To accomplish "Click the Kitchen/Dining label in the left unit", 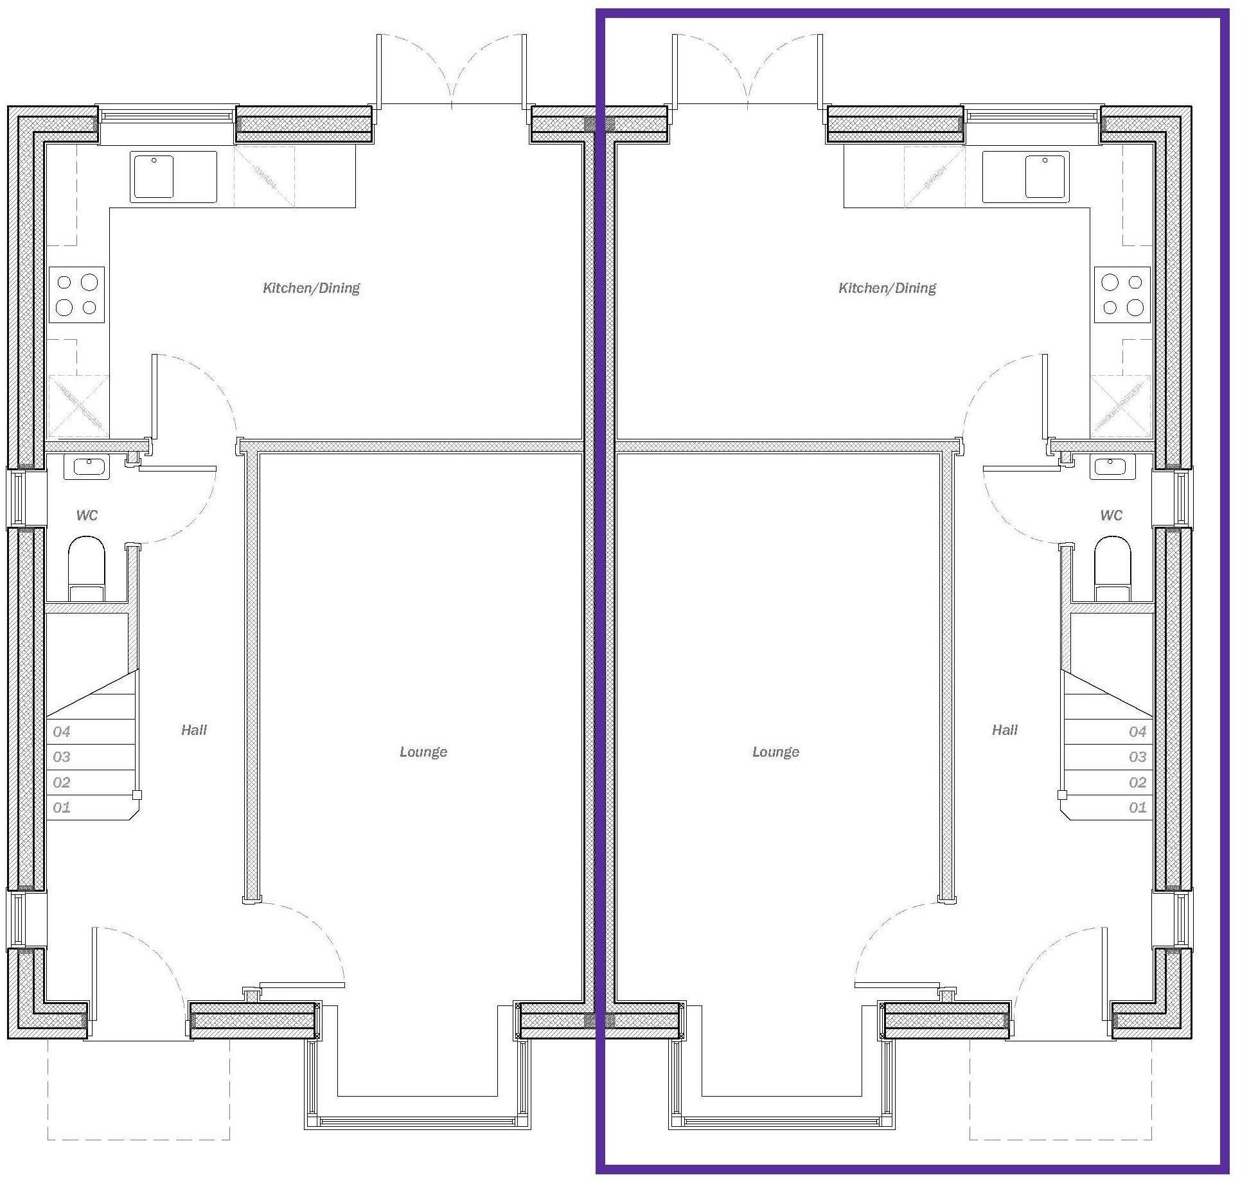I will coord(312,288).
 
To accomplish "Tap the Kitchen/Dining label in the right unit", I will coord(887,288).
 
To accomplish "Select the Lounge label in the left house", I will coord(423,752).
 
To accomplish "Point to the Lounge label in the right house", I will coord(775,752).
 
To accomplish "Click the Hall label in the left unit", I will coord(194,730).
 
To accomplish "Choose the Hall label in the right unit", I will coord(1004,730).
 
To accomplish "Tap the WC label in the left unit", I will coord(87,515).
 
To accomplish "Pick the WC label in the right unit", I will coord(1111,515).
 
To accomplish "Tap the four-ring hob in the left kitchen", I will coord(76,294).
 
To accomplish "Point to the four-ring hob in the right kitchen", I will coord(1122,294).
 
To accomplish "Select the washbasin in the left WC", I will coord(87,467).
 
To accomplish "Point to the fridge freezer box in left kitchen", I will coord(79,406).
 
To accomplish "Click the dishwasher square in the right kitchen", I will coord(934,177).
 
